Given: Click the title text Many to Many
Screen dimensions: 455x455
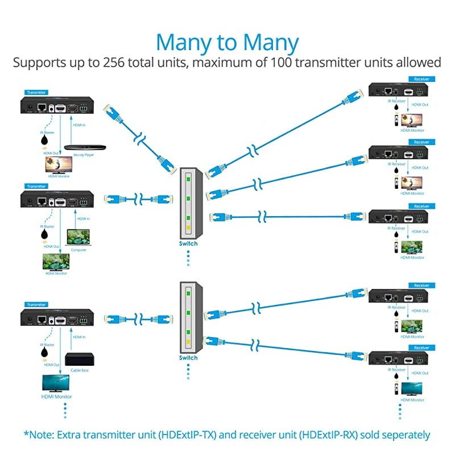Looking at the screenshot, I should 227,43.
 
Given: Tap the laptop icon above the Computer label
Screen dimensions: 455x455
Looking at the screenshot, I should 78,237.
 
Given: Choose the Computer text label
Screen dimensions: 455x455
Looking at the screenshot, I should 78,250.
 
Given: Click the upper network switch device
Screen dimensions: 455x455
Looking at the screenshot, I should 188,202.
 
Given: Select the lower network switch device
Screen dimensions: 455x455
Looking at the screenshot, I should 188,316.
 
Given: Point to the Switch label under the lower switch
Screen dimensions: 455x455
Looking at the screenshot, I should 188,358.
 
